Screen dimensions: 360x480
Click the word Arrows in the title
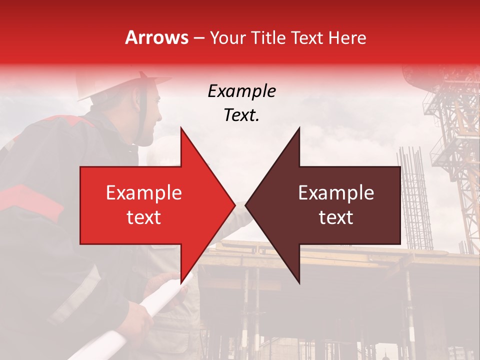click(156, 37)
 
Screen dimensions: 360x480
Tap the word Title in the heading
click(268, 37)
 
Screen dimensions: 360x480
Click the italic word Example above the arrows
click(241, 91)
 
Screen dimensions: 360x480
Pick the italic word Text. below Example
click(241, 115)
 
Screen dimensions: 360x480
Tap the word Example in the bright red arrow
click(144, 193)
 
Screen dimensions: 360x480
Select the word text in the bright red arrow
click(144, 217)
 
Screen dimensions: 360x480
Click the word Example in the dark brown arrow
click(336, 193)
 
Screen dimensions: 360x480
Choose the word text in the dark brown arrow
click(336, 217)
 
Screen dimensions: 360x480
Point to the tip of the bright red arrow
click(234, 205)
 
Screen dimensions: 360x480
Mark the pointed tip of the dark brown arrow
click(246, 205)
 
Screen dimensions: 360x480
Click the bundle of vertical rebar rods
click(414, 200)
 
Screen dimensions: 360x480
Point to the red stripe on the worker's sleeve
click(30, 200)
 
